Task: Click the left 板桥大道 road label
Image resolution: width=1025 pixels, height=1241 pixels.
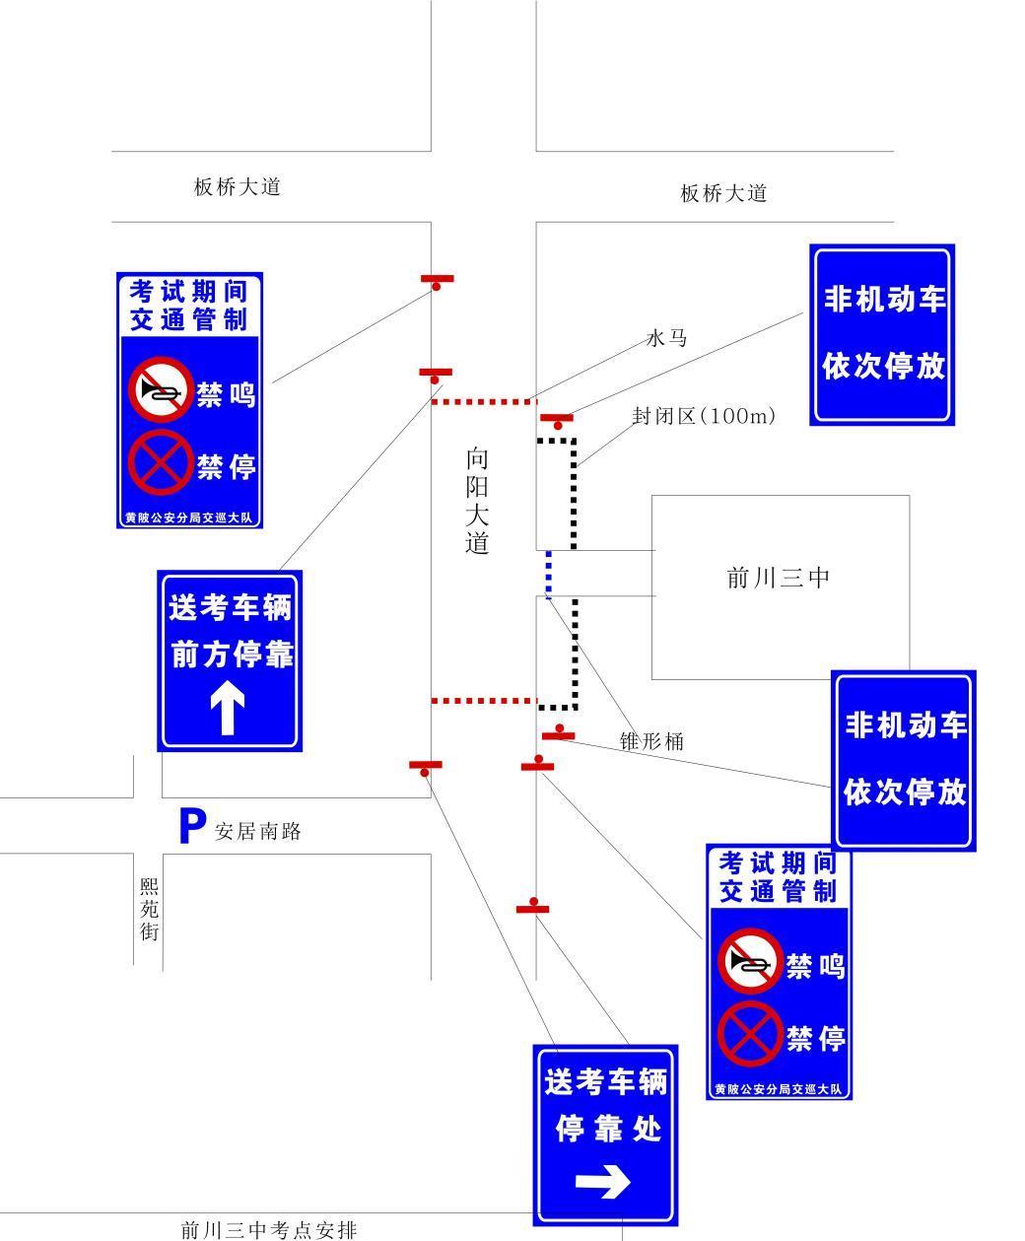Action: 238,186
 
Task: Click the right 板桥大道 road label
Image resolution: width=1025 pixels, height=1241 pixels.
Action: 723,193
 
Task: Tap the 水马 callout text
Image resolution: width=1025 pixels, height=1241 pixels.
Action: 666,338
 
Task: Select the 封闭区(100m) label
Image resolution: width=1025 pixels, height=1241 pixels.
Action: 704,416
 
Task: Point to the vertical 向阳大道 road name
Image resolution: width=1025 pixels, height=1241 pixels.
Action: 477,501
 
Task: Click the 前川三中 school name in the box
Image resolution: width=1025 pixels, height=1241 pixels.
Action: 779,578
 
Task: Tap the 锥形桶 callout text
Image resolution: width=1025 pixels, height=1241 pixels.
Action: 650,741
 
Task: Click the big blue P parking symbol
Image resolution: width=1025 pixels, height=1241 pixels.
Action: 191,827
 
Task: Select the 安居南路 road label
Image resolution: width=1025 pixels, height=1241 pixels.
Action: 258,831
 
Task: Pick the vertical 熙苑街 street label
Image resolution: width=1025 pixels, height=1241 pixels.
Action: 149,909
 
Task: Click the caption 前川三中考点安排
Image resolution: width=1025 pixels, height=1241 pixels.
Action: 268,1229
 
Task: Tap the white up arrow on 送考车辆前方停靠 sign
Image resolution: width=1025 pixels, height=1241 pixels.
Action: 228,710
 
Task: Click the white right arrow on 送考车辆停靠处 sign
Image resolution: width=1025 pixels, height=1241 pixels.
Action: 603,1182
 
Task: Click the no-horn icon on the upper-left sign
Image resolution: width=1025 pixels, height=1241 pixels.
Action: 161,390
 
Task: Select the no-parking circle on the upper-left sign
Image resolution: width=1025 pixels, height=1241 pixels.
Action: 160,462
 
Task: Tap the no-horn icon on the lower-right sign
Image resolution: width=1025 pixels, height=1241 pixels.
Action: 750,962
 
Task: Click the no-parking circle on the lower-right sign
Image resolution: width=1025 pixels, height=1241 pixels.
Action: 749,1034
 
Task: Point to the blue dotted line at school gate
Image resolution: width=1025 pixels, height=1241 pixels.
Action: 549,574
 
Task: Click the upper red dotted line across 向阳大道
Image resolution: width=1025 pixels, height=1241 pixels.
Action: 483,402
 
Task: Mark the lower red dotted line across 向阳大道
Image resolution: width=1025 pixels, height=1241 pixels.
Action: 483,701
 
